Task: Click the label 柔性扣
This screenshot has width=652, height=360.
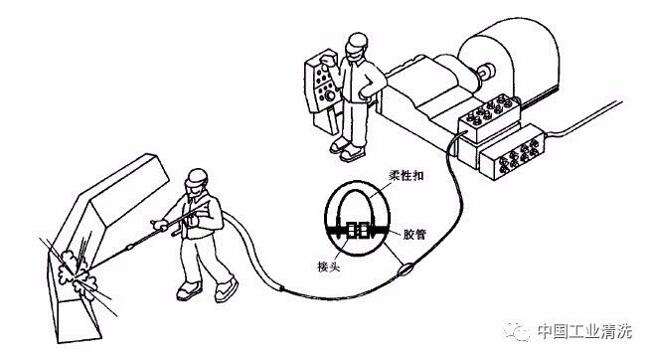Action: click(407, 175)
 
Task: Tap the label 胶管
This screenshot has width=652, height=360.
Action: click(414, 234)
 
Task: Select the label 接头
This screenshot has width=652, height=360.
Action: click(329, 266)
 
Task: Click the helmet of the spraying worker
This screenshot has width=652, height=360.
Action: click(196, 177)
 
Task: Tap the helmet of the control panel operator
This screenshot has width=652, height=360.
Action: click(358, 41)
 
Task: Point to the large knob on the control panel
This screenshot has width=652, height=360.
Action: click(330, 96)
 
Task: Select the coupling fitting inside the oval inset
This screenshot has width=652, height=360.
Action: click(357, 230)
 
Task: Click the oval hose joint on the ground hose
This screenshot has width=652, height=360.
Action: click(406, 270)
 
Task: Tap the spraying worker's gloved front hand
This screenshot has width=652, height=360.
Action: click(161, 225)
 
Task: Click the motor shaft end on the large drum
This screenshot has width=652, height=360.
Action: click(486, 72)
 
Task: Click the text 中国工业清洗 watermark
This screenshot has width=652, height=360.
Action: click(584, 331)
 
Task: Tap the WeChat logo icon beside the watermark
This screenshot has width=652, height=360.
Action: click(517, 330)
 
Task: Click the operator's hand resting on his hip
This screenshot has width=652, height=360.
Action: click(366, 92)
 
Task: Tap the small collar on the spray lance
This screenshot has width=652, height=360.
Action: click(129, 248)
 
